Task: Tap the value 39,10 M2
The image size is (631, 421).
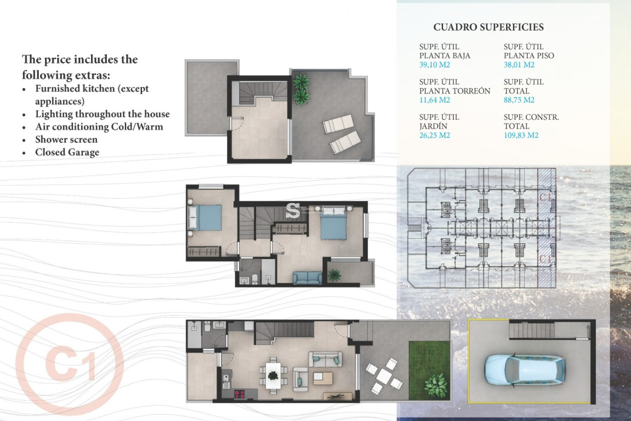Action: tap(434, 65)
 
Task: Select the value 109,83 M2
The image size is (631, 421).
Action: tap(521, 135)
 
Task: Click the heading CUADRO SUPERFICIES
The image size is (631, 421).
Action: tap(488, 27)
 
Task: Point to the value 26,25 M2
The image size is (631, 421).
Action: tap(434, 135)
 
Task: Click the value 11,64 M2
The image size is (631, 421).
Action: tap(434, 100)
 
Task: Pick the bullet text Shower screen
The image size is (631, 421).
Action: tap(66, 139)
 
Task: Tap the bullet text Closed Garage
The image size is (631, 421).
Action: tap(67, 152)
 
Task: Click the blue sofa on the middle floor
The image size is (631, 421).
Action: tap(308, 278)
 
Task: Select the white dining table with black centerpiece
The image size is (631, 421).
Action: tap(273, 375)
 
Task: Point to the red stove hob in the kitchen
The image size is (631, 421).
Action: tap(239, 393)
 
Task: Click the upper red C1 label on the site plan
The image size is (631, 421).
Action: tap(546, 197)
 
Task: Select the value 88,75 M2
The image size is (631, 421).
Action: tap(519, 100)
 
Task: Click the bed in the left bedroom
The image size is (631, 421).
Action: tap(206, 217)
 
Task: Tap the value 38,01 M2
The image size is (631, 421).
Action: tap(519, 65)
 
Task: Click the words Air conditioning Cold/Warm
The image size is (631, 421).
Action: tap(99, 127)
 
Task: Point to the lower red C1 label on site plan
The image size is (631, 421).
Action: tap(546, 259)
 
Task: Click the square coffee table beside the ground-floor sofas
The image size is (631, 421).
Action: tap(323, 378)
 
